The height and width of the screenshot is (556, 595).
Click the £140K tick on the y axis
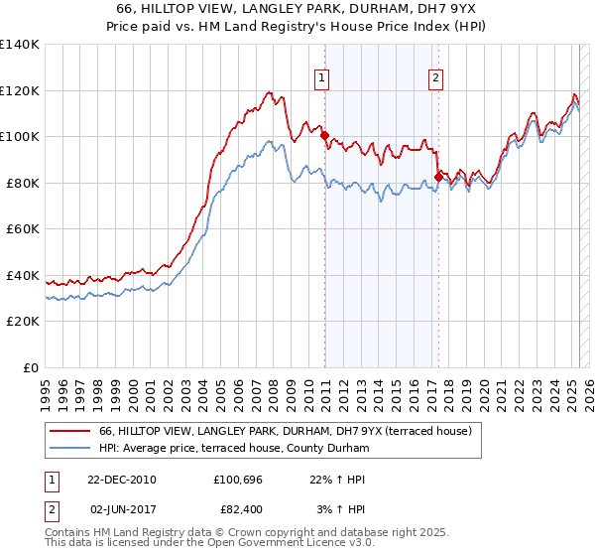click(x=19, y=45)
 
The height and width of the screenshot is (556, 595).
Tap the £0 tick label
click(x=32, y=367)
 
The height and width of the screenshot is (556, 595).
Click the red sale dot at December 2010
click(x=324, y=135)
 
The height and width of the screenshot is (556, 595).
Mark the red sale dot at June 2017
click(x=438, y=178)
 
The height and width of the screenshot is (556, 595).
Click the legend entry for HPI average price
click(x=234, y=449)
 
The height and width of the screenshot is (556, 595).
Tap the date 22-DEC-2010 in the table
click(x=123, y=479)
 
